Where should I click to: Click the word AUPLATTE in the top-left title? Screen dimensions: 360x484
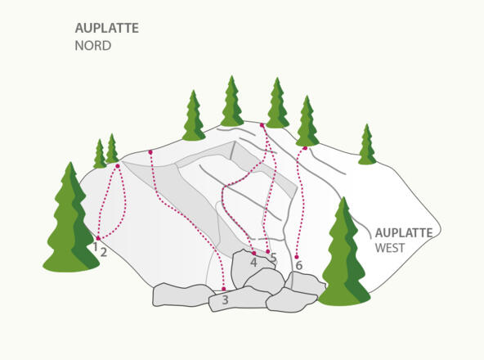click(106, 28)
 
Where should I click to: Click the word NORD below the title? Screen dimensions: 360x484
click(92, 46)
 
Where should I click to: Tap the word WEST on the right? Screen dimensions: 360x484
click(390, 248)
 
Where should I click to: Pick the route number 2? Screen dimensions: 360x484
click(104, 252)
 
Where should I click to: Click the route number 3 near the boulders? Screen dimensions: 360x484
click(225, 301)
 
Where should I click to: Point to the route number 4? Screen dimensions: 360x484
click(253, 263)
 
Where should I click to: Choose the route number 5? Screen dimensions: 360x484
click(273, 259)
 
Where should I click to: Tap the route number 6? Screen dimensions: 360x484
click(298, 266)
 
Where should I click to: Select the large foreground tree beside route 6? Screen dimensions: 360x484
click(346, 254)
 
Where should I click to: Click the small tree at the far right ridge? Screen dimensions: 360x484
click(367, 145)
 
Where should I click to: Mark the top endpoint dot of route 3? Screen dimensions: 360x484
click(150, 151)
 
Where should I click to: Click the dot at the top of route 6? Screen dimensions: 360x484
click(305, 148)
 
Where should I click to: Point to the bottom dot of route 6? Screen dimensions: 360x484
click(297, 257)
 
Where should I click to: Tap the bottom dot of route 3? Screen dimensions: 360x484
click(223, 289)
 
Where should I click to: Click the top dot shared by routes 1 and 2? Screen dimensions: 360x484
click(118, 166)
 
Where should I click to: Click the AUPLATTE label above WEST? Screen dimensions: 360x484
click(403, 232)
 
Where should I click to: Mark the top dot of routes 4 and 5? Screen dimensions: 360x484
click(262, 125)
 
